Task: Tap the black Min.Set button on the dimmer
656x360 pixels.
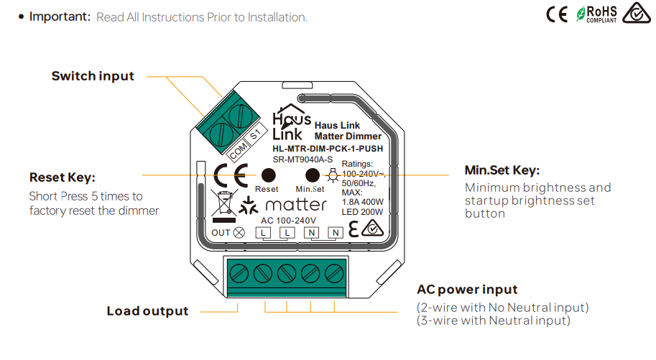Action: click(313, 175)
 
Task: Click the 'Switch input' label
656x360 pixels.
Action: click(93, 75)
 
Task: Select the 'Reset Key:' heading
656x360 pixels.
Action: click(63, 177)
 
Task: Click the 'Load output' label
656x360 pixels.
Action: click(147, 311)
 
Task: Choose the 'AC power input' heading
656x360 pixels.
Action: click(467, 290)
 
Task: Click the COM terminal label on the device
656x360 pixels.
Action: click(238, 152)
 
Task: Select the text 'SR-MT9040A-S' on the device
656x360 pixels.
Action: click(302, 160)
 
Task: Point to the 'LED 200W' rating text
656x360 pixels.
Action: click(362, 211)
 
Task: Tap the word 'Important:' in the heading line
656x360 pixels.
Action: click(60, 17)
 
